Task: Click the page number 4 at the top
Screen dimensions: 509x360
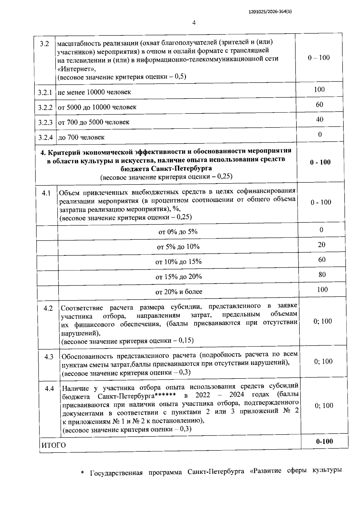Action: pos(194,23)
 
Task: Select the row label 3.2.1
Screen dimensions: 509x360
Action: pos(45,92)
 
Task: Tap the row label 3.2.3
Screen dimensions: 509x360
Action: pos(45,122)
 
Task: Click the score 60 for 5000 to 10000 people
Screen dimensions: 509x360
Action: pos(319,104)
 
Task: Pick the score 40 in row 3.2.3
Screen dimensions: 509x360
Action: pos(319,119)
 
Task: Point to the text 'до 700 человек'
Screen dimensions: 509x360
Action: pos(81,137)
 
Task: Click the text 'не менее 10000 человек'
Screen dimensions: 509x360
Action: pos(94,92)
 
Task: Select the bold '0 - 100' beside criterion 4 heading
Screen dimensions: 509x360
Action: pos(320,162)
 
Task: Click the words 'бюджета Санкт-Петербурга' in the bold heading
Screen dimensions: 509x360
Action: pos(166,168)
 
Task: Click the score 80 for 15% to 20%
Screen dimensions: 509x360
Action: pos(322,275)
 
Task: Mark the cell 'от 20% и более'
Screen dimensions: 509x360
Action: pos(178,292)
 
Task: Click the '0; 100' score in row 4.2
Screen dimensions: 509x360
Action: pos(323,321)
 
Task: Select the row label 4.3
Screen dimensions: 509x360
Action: pos(49,357)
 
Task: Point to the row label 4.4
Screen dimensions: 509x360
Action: pos(49,389)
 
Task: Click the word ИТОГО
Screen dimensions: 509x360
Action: pos(53,445)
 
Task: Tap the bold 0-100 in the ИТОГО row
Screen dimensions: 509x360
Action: pos(324,441)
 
